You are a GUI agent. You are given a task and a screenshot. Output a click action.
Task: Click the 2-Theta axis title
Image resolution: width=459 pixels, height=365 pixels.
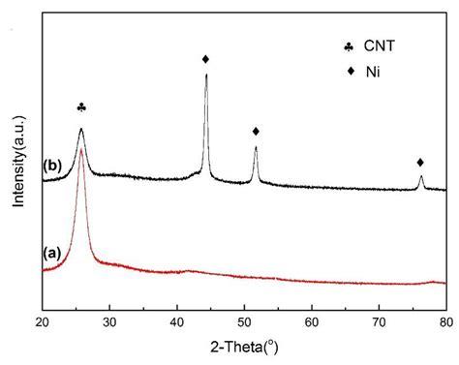245,347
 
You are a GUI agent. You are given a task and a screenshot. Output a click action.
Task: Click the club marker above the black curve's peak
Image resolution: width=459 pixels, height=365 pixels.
81,107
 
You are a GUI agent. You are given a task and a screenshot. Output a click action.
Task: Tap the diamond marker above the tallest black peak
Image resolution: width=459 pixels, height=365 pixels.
205,59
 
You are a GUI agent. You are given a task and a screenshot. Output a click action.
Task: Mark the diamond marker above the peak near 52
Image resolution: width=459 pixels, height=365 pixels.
256,131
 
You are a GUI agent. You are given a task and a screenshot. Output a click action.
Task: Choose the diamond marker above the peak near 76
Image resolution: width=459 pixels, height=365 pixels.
420,162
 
